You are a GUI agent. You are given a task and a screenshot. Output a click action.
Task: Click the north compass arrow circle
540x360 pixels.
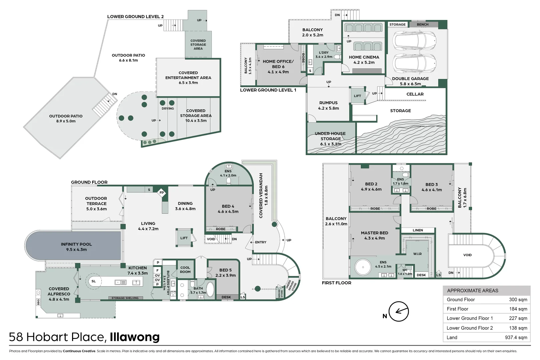coord(399,311)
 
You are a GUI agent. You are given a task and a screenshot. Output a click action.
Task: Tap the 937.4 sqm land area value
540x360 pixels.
coord(516,337)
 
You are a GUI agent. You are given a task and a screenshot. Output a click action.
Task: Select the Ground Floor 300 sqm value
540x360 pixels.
coord(518,299)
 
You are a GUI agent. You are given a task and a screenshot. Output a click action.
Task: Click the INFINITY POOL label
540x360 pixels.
coord(76,244)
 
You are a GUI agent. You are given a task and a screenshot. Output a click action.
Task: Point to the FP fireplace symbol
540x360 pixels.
coord(162,193)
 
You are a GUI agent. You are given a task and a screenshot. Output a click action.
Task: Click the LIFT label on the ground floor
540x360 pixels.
coord(184,238)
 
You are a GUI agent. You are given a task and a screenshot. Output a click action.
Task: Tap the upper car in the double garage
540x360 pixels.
coord(414,40)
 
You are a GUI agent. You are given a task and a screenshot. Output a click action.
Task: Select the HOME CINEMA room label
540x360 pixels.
coord(364,57)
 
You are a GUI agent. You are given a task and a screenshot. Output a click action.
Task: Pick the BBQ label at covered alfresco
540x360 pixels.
coord(38,302)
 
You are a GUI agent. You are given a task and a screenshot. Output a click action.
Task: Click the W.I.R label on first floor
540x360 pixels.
coord(417,254)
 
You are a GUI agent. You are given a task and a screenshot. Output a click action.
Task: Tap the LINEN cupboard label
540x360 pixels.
coord(418,230)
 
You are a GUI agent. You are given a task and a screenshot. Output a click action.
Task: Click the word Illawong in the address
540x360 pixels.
coord(135,337)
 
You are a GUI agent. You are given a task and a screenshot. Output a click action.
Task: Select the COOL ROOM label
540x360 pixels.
coord(185,270)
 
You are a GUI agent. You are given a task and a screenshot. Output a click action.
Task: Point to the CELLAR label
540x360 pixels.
coord(415,94)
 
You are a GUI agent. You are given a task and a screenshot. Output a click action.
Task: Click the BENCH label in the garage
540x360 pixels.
coord(423,25)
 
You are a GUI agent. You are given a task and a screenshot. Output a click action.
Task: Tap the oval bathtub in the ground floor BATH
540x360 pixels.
coord(210,289)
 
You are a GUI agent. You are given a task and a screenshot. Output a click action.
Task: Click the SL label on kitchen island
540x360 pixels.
coord(94,281)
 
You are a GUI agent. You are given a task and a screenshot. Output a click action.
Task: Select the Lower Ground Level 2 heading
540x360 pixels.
coord(135,17)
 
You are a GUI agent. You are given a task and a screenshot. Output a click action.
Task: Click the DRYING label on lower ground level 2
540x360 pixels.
coord(168,109)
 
